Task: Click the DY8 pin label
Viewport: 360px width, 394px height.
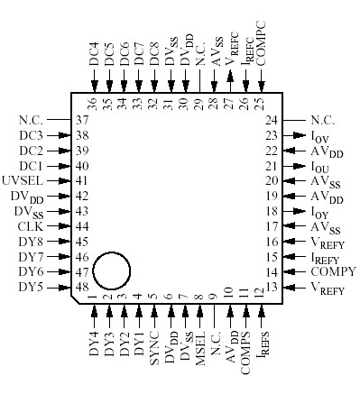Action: click(30, 242)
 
